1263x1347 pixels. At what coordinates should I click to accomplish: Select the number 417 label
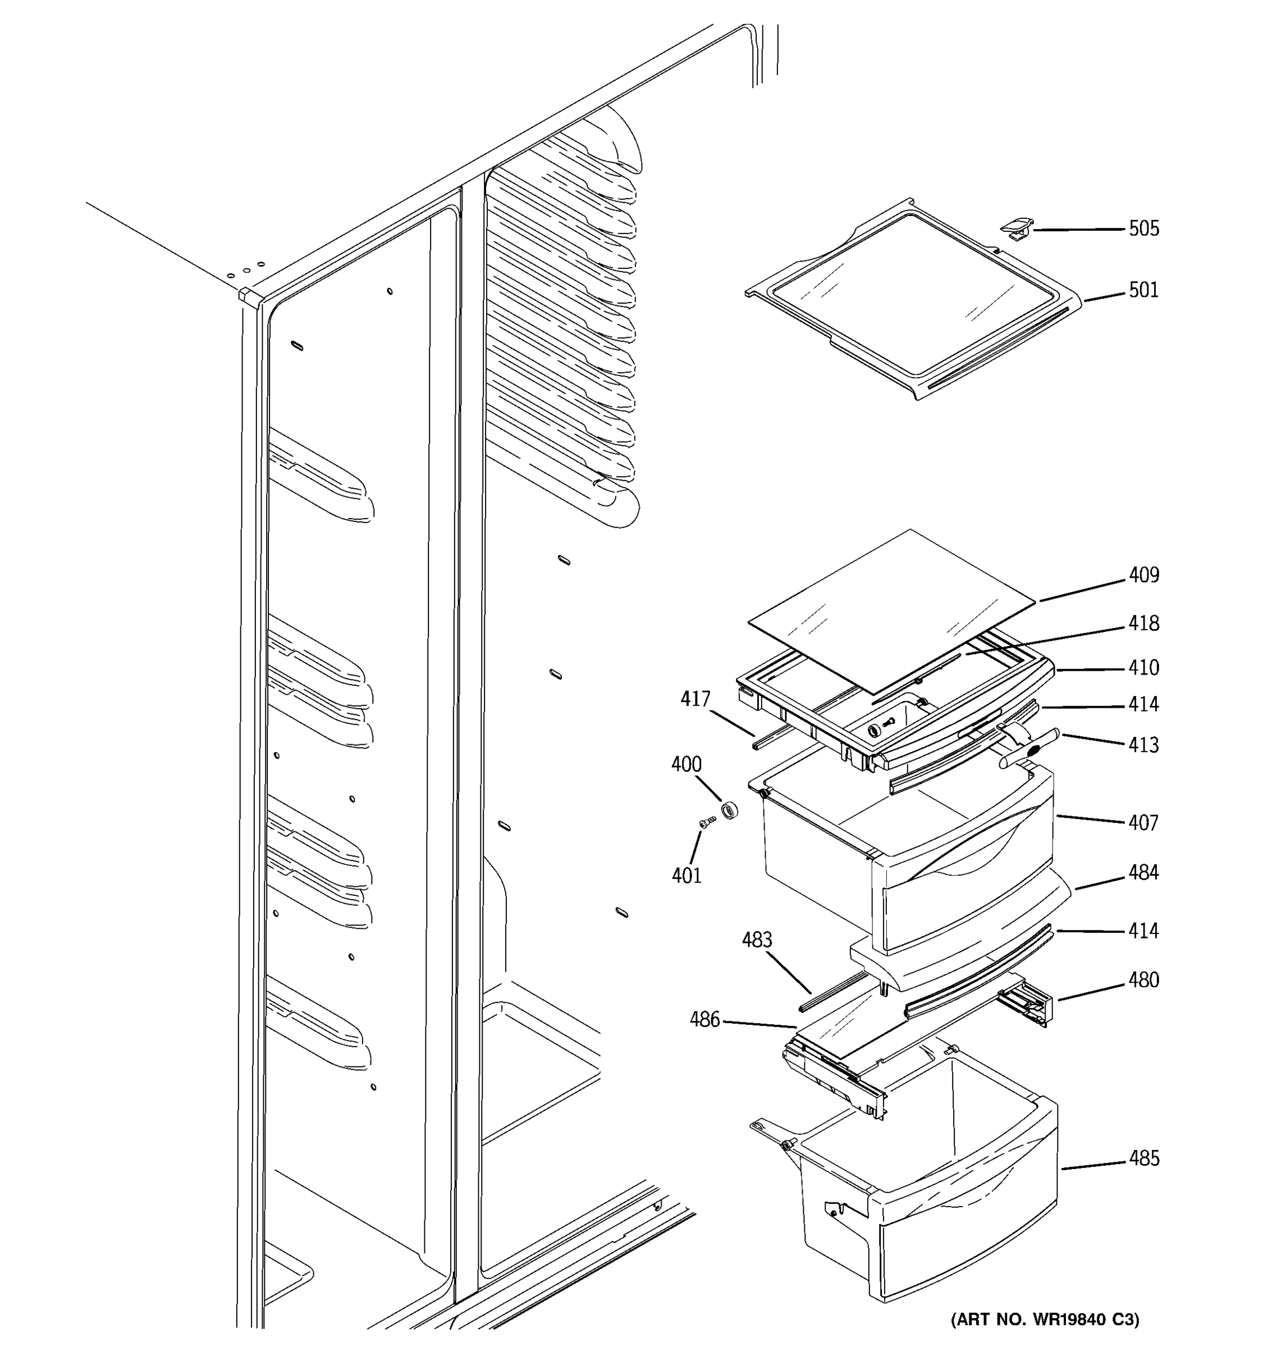695,699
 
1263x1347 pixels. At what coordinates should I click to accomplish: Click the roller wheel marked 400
729,810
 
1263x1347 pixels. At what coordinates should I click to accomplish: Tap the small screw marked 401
706,821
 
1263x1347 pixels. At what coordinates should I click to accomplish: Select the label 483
756,940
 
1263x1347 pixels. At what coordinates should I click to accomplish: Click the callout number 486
704,1019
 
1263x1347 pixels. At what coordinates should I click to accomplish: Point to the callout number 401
686,876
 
